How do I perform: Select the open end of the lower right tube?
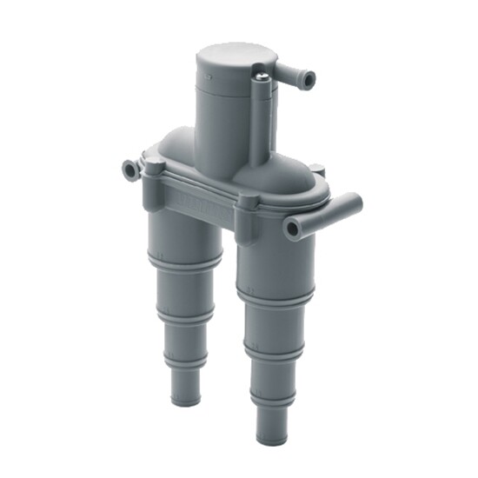click(292, 228)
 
